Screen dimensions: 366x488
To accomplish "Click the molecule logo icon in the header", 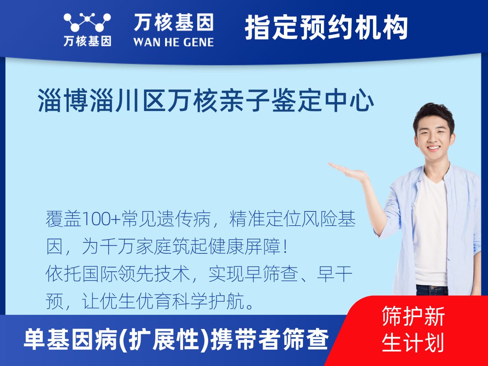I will pos(87,22).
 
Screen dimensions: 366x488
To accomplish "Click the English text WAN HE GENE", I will pos(174,41).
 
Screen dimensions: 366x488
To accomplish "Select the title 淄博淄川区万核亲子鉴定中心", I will pos(206,102).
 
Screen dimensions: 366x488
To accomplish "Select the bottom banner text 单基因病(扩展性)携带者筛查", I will pos(176,340).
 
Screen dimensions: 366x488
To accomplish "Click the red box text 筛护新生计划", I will pos(413,329).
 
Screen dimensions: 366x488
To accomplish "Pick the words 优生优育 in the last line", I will pos(135,302).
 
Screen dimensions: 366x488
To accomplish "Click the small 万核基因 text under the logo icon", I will pos(87,41).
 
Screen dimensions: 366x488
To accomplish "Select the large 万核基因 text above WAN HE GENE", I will pos(174,22).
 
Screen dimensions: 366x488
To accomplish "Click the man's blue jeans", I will pos(431,290).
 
